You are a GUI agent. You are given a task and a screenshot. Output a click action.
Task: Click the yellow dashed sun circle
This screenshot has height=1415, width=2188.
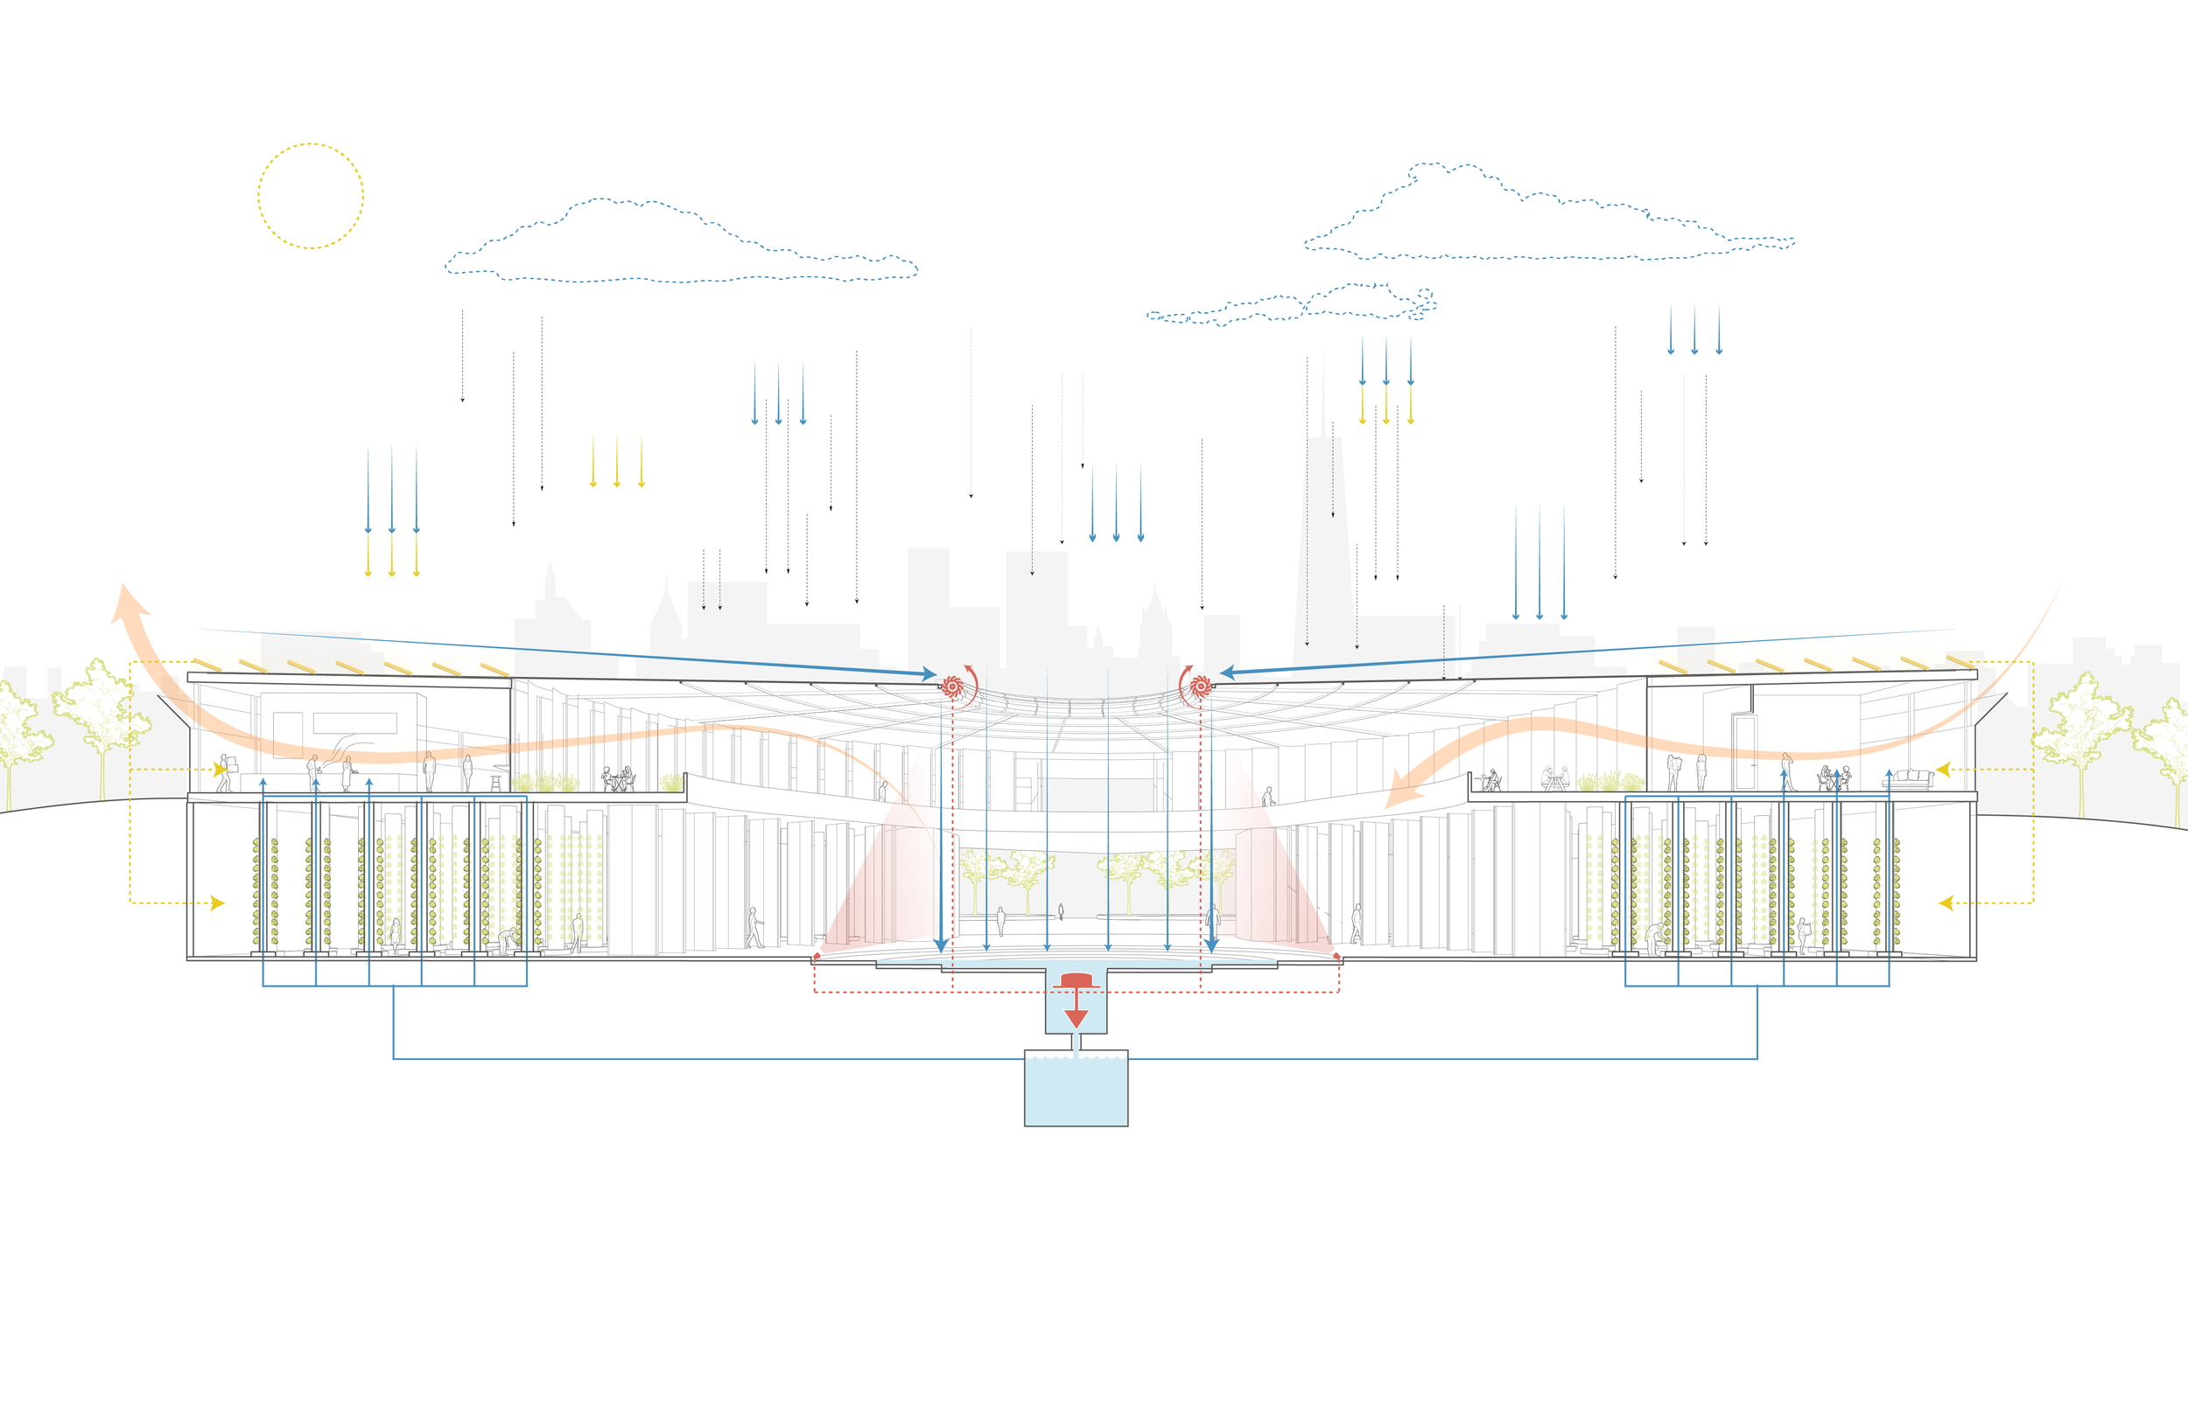click(x=311, y=196)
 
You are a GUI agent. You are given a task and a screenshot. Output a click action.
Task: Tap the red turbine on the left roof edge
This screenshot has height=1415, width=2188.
click(x=951, y=686)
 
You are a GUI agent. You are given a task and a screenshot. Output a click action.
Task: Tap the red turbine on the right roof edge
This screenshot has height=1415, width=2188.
click(x=1199, y=686)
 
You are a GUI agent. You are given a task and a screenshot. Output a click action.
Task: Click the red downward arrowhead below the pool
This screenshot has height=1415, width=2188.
click(x=1076, y=1018)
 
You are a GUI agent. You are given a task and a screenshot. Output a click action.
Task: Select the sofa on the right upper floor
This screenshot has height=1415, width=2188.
click(x=1909, y=779)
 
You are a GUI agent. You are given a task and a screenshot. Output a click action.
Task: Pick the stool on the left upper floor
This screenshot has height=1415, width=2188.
click(x=495, y=783)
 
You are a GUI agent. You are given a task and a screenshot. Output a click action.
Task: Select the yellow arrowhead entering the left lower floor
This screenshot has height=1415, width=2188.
click(x=217, y=903)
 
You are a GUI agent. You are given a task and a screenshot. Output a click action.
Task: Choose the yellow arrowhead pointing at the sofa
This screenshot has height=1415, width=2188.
click(x=1944, y=769)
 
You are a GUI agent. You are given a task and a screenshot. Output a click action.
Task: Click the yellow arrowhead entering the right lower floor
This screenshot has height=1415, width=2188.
click(x=1946, y=903)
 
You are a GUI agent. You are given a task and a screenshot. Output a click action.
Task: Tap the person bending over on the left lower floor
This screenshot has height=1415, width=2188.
click(x=507, y=940)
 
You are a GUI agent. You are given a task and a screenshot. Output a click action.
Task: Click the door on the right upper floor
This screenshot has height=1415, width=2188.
click(x=1744, y=750)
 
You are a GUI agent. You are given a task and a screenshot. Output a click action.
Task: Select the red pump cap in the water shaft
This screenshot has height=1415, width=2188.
click(x=1076, y=980)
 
